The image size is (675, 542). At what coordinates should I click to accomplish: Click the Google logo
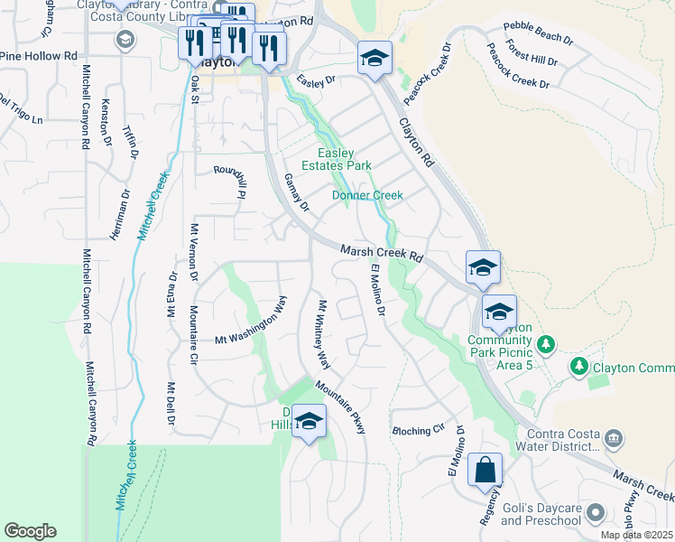tap(30, 531)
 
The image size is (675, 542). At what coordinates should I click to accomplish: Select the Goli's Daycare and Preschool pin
tap(595, 513)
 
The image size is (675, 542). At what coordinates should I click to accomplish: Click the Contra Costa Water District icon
tap(614, 439)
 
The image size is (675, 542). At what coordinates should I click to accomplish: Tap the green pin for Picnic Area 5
tap(544, 344)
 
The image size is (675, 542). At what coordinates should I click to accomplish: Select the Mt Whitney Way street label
tap(322, 333)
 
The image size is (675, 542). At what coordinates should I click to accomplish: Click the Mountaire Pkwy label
tap(340, 406)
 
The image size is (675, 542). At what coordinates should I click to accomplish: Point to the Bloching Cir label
tap(419, 431)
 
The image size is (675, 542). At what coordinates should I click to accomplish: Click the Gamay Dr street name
tap(296, 193)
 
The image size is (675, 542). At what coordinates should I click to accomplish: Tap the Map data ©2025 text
tap(636, 535)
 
